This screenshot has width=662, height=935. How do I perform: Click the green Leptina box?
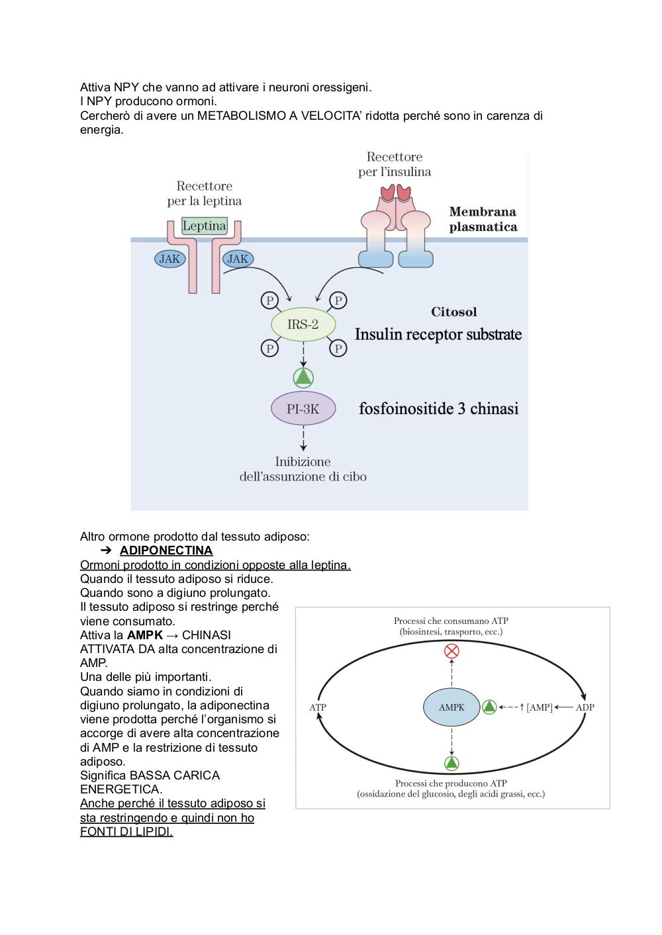tap(205, 226)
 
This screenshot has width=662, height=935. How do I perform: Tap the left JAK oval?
tap(169, 259)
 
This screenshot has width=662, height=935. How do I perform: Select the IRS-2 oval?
tap(303, 324)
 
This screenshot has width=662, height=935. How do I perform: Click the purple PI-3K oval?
tap(303, 409)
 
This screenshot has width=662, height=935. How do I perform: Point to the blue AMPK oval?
tap(451, 707)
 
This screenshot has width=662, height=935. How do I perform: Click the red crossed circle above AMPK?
tap(451, 650)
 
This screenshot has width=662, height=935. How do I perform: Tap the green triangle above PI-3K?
tap(303, 378)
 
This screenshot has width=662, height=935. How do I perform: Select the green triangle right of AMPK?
tap(489, 707)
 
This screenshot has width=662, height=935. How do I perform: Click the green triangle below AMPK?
tap(451, 763)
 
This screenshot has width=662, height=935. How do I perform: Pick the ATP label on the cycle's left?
tap(317, 707)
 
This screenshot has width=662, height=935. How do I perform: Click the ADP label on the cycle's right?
tap(585, 707)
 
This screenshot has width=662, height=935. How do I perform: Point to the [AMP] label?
tap(540, 707)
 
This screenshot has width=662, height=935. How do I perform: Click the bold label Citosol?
tap(453, 312)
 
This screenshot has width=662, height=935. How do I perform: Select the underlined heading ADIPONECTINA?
tap(166, 551)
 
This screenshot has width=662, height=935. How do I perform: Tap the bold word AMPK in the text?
tap(144, 635)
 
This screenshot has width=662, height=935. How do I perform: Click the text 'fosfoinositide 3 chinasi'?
tap(438, 408)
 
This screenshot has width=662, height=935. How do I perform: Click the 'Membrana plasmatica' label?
tap(483, 219)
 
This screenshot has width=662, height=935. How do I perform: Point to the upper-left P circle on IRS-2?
tap(269, 300)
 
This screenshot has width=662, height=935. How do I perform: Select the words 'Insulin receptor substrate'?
tap(438, 334)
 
